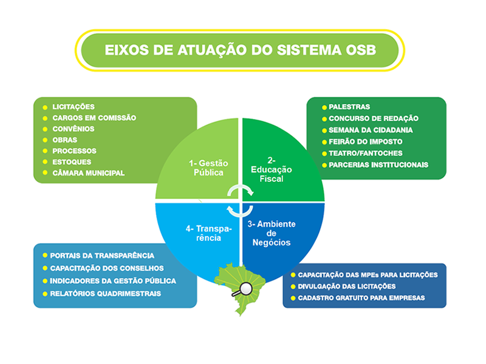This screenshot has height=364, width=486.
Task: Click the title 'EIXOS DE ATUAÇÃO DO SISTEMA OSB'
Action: [240, 50]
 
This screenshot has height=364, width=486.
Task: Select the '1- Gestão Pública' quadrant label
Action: [206, 167]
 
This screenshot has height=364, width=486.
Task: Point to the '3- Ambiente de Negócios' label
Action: [272, 233]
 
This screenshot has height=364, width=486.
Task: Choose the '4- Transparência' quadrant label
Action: [204, 233]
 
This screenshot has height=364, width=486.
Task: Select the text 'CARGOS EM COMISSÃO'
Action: [94, 118]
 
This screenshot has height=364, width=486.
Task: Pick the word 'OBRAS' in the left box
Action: [64, 140]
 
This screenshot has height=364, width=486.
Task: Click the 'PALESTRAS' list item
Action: [349, 107]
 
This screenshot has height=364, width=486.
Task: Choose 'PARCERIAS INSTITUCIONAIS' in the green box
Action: [378, 164]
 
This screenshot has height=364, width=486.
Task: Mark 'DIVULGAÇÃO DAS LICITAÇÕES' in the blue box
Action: [346, 286]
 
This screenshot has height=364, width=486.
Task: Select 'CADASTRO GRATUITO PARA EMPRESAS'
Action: [361, 298]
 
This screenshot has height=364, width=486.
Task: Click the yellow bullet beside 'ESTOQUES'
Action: [45, 162]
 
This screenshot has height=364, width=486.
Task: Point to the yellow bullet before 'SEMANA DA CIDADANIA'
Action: [323, 130]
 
